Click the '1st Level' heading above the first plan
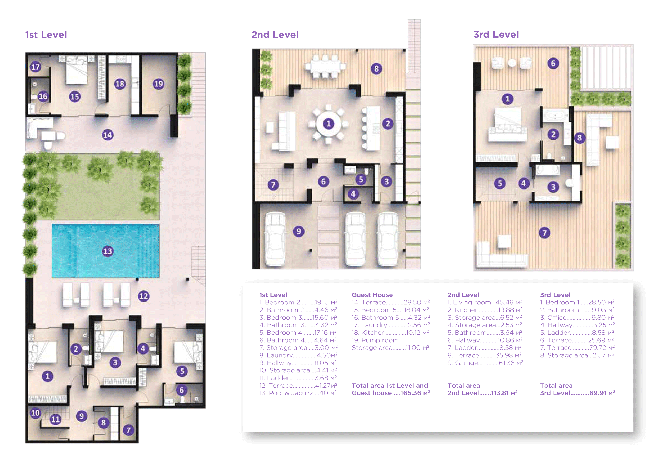[46, 35]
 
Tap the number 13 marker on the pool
[108, 251]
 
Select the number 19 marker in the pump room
[158, 84]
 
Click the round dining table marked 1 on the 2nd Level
[328, 124]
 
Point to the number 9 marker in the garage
[299, 231]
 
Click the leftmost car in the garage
[275, 239]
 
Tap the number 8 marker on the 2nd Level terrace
[376, 69]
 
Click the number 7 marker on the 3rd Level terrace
[545, 233]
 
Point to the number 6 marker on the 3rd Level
[553, 64]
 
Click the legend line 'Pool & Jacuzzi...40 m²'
[298, 393]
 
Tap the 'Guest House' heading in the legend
[372, 295]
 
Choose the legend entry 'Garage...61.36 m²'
[485, 363]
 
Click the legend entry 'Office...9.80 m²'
[577, 317]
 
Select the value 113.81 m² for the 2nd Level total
[504, 393]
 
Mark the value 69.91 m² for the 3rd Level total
[602, 393]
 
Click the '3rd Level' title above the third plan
[496, 35]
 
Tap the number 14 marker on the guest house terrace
[108, 135]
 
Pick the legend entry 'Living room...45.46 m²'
[485, 302]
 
